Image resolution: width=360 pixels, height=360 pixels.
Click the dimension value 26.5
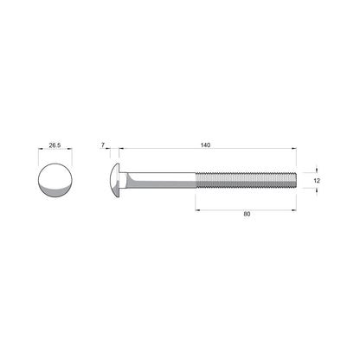[55, 146]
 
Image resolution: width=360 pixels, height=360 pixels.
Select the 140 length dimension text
[203, 145]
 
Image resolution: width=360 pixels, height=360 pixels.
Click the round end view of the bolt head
[55, 181]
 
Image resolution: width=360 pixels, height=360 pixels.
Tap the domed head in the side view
[116, 179]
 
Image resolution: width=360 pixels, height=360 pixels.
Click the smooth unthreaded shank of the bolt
[164, 179]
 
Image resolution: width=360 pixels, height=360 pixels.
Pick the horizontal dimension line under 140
[203, 151]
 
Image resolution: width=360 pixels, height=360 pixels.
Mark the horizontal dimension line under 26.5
[55, 152]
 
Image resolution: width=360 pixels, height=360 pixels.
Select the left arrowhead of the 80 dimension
[198, 208]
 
